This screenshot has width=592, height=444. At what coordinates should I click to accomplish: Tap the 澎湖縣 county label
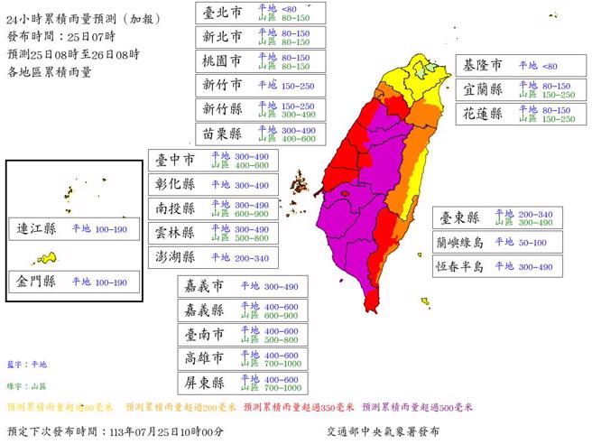(x=175, y=257)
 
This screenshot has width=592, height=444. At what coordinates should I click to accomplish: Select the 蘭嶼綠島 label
(x=459, y=242)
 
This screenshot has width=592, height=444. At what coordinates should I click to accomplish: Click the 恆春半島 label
(x=459, y=266)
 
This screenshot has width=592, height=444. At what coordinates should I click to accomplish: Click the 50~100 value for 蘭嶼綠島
(x=532, y=242)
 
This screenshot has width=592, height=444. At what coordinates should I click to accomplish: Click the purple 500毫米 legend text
(x=418, y=407)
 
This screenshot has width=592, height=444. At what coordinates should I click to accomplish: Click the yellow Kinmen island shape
(x=47, y=260)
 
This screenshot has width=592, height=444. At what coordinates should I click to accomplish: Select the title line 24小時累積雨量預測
(x=73, y=14)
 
